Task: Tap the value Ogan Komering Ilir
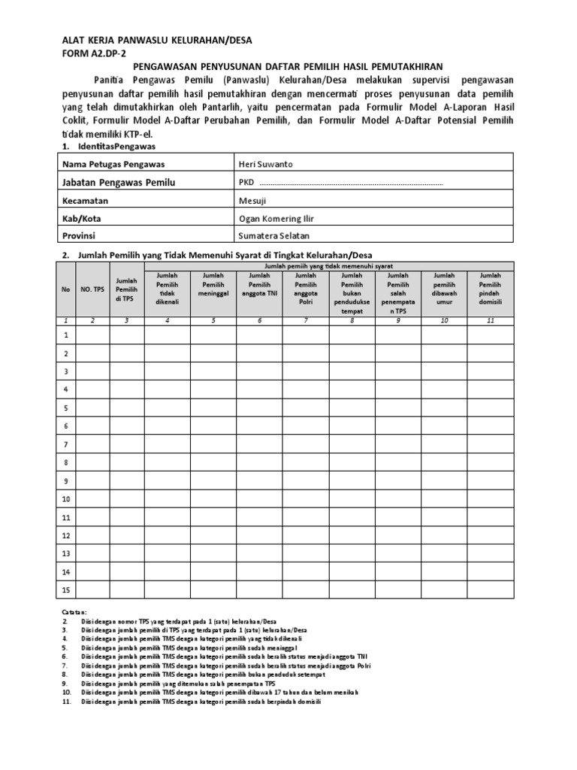(x=276, y=218)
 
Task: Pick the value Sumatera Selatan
(x=272, y=235)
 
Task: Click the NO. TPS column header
(x=92, y=288)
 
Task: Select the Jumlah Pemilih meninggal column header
(x=213, y=289)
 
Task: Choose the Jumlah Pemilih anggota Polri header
(x=306, y=289)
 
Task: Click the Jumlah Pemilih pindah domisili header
(x=490, y=289)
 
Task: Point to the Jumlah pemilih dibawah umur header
(x=444, y=289)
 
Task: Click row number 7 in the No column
(x=66, y=444)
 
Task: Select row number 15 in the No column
(x=66, y=590)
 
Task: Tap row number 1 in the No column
(x=66, y=335)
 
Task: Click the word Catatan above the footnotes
(x=73, y=613)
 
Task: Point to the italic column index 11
(x=490, y=320)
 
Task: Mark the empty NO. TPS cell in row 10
(x=92, y=499)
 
